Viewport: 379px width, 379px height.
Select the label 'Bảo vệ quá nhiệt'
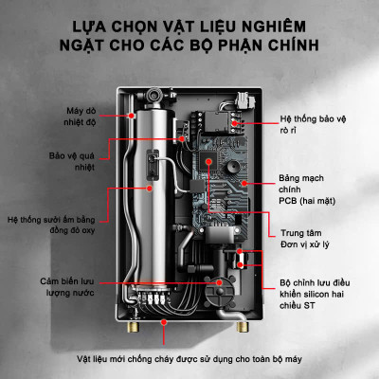point(73,157)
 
